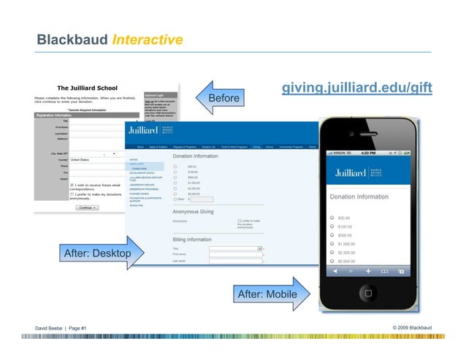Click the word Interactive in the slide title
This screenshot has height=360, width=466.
pos(148,39)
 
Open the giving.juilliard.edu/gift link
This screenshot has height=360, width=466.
pos(358,89)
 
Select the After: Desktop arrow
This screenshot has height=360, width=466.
pos(99,253)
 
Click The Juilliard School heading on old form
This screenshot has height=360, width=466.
pos(88,88)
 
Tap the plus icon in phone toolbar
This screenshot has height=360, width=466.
pos(367,271)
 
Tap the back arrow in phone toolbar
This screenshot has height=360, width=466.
pos(335,271)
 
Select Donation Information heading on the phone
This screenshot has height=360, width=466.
pos(359,197)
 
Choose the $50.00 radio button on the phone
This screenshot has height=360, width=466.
pos(333,218)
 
